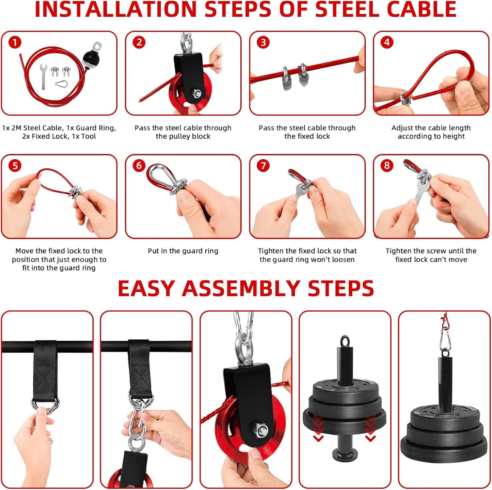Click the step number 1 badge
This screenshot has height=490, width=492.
pyautogui.click(x=15, y=43)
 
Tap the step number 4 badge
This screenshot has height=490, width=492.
pyautogui.click(x=387, y=43)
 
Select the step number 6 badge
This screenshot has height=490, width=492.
pyautogui.click(x=139, y=166)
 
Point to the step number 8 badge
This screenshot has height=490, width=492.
pyautogui.click(x=387, y=166)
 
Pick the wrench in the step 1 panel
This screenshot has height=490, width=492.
pyautogui.click(x=43, y=76)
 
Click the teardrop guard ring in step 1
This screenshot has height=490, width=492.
pyautogui.click(x=62, y=83)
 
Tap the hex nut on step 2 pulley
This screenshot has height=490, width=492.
pyautogui.click(x=196, y=92)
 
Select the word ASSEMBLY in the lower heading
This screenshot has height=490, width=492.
pyautogui.click(x=242, y=289)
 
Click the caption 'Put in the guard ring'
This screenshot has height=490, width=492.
pyautogui.click(x=183, y=251)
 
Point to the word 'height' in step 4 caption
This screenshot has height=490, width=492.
pyautogui.click(x=454, y=136)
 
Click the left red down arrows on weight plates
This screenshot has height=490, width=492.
pyautogui.click(x=318, y=427)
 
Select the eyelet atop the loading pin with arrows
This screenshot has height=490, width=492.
pyautogui.click(x=345, y=341)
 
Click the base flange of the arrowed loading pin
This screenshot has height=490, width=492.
pyautogui.click(x=345, y=452)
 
